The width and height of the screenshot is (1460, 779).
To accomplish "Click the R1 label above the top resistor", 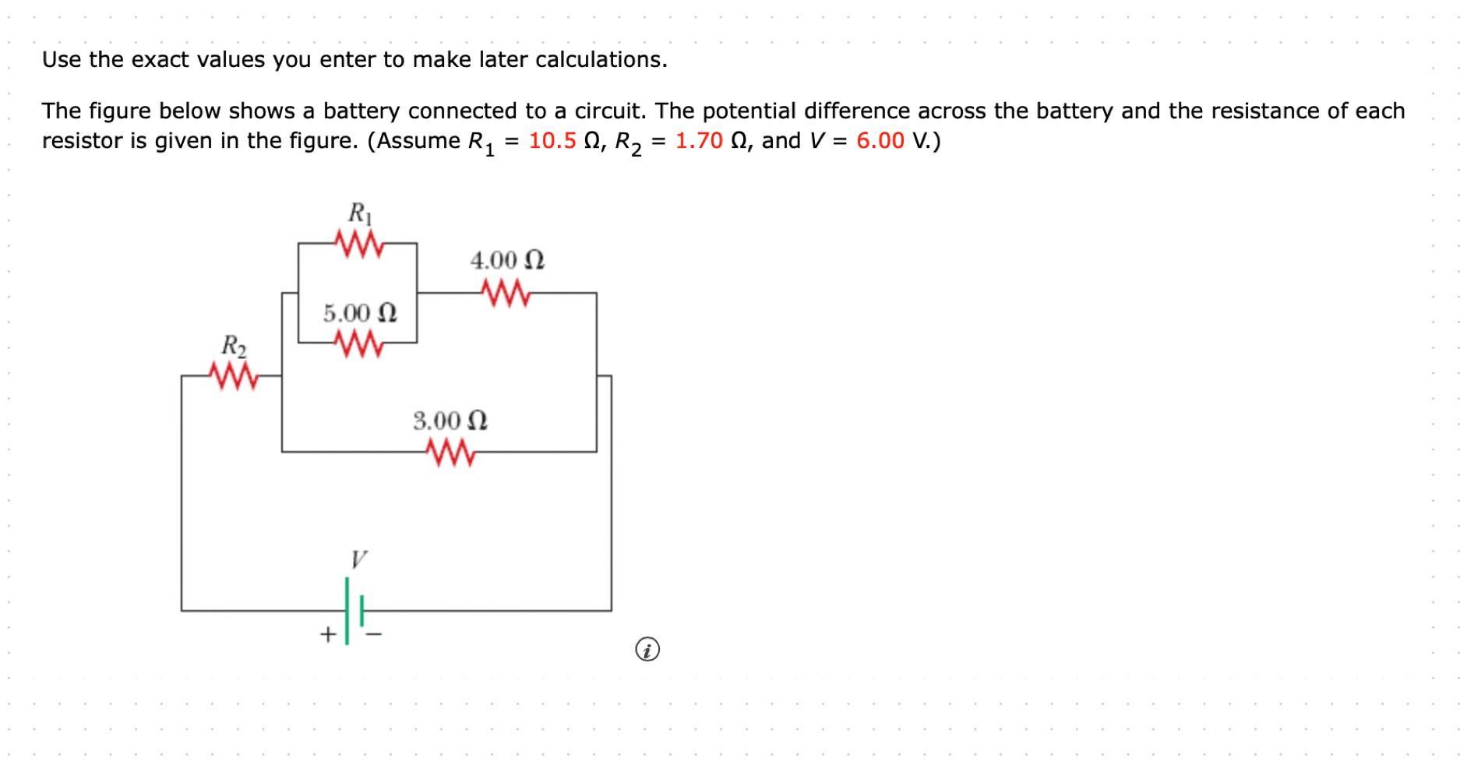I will [358, 213].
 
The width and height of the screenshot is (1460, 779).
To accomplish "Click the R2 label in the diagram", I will [234, 344].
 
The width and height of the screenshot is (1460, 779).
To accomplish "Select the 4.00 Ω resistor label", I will [507, 260].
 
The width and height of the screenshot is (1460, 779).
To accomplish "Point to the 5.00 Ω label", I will [360, 313].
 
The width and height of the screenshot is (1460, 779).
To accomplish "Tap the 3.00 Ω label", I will [450, 421].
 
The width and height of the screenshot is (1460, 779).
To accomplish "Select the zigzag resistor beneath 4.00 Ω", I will [507, 294].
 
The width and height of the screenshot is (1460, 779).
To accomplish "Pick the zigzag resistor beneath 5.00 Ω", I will [358, 343].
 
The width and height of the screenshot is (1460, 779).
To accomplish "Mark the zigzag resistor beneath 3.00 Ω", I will [450, 452].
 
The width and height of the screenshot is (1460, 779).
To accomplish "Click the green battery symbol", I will [354, 611].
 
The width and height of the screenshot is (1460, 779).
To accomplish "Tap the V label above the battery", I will [358, 559].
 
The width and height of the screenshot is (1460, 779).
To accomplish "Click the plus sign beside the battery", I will [328, 634].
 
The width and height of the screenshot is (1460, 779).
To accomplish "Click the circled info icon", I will [647, 649].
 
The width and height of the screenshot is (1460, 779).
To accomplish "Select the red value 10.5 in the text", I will [552, 141].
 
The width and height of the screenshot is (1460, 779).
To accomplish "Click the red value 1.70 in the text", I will [699, 141].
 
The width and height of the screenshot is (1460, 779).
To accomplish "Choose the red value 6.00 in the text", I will [880, 141].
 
